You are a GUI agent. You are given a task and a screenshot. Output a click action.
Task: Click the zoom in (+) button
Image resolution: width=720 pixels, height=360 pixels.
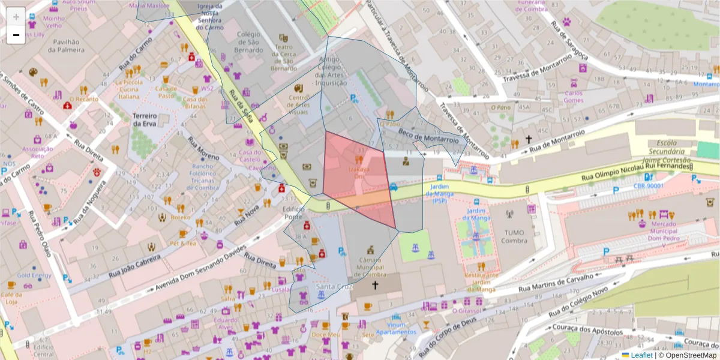16,16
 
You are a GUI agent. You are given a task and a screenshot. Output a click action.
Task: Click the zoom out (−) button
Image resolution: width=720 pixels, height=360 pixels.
16,35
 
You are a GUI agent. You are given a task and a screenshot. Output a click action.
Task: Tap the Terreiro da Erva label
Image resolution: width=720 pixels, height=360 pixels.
145,119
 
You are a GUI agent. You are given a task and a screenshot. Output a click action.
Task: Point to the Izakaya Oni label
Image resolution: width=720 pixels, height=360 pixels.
359,173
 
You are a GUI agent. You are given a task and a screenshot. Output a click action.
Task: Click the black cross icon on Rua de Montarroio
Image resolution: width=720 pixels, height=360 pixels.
529,139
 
